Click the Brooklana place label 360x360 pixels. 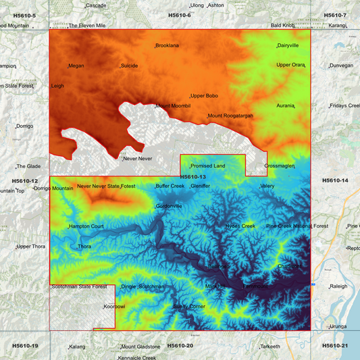[x=167, y=46]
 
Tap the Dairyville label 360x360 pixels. [x=288, y=46]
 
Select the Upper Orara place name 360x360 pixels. [x=290, y=65]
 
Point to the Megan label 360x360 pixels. [x=76, y=66]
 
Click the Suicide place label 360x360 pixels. [x=129, y=66]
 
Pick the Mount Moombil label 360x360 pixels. [x=173, y=106]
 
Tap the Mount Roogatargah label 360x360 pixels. [x=230, y=115]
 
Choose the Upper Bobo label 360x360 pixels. [x=204, y=96]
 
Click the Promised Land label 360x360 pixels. [x=207, y=165]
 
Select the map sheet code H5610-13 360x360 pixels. [x=192, y=177]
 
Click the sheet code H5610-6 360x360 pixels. [x=179, y=15]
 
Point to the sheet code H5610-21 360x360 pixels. [x=335, y=346]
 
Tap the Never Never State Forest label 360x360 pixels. [x=107, y=186]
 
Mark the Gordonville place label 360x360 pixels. [x=169, y=206]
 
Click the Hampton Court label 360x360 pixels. [x=86, y=226]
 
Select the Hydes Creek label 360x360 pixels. [x=240, y=226]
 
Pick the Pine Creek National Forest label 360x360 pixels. [x=297, y=226]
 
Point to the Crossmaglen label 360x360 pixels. [x=280, y=165]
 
